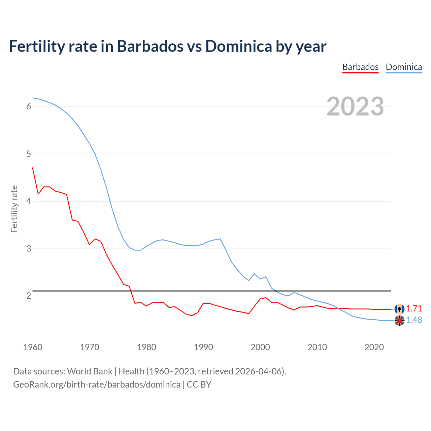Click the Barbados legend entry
[360, 67]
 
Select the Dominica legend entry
[404, 67]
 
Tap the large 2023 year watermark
[355, 106]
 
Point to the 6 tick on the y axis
[29, 107]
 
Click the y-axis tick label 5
[29, 154]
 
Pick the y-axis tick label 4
[29, 201]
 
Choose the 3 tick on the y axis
[29, 248]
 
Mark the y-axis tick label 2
[29, 296]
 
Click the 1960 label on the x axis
[33, 347]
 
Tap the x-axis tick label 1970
[90, 347]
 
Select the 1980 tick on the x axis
[146, 347]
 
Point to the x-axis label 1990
[203, 347]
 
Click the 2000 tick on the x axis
[260, 347]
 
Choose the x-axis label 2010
[317, 347]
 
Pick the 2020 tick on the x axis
[374, 347]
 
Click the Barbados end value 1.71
[414, 308]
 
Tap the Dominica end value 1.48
[414, 320]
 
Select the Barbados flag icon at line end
[399, 309]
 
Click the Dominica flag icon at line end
[399, 321]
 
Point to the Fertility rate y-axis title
[14, 209]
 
